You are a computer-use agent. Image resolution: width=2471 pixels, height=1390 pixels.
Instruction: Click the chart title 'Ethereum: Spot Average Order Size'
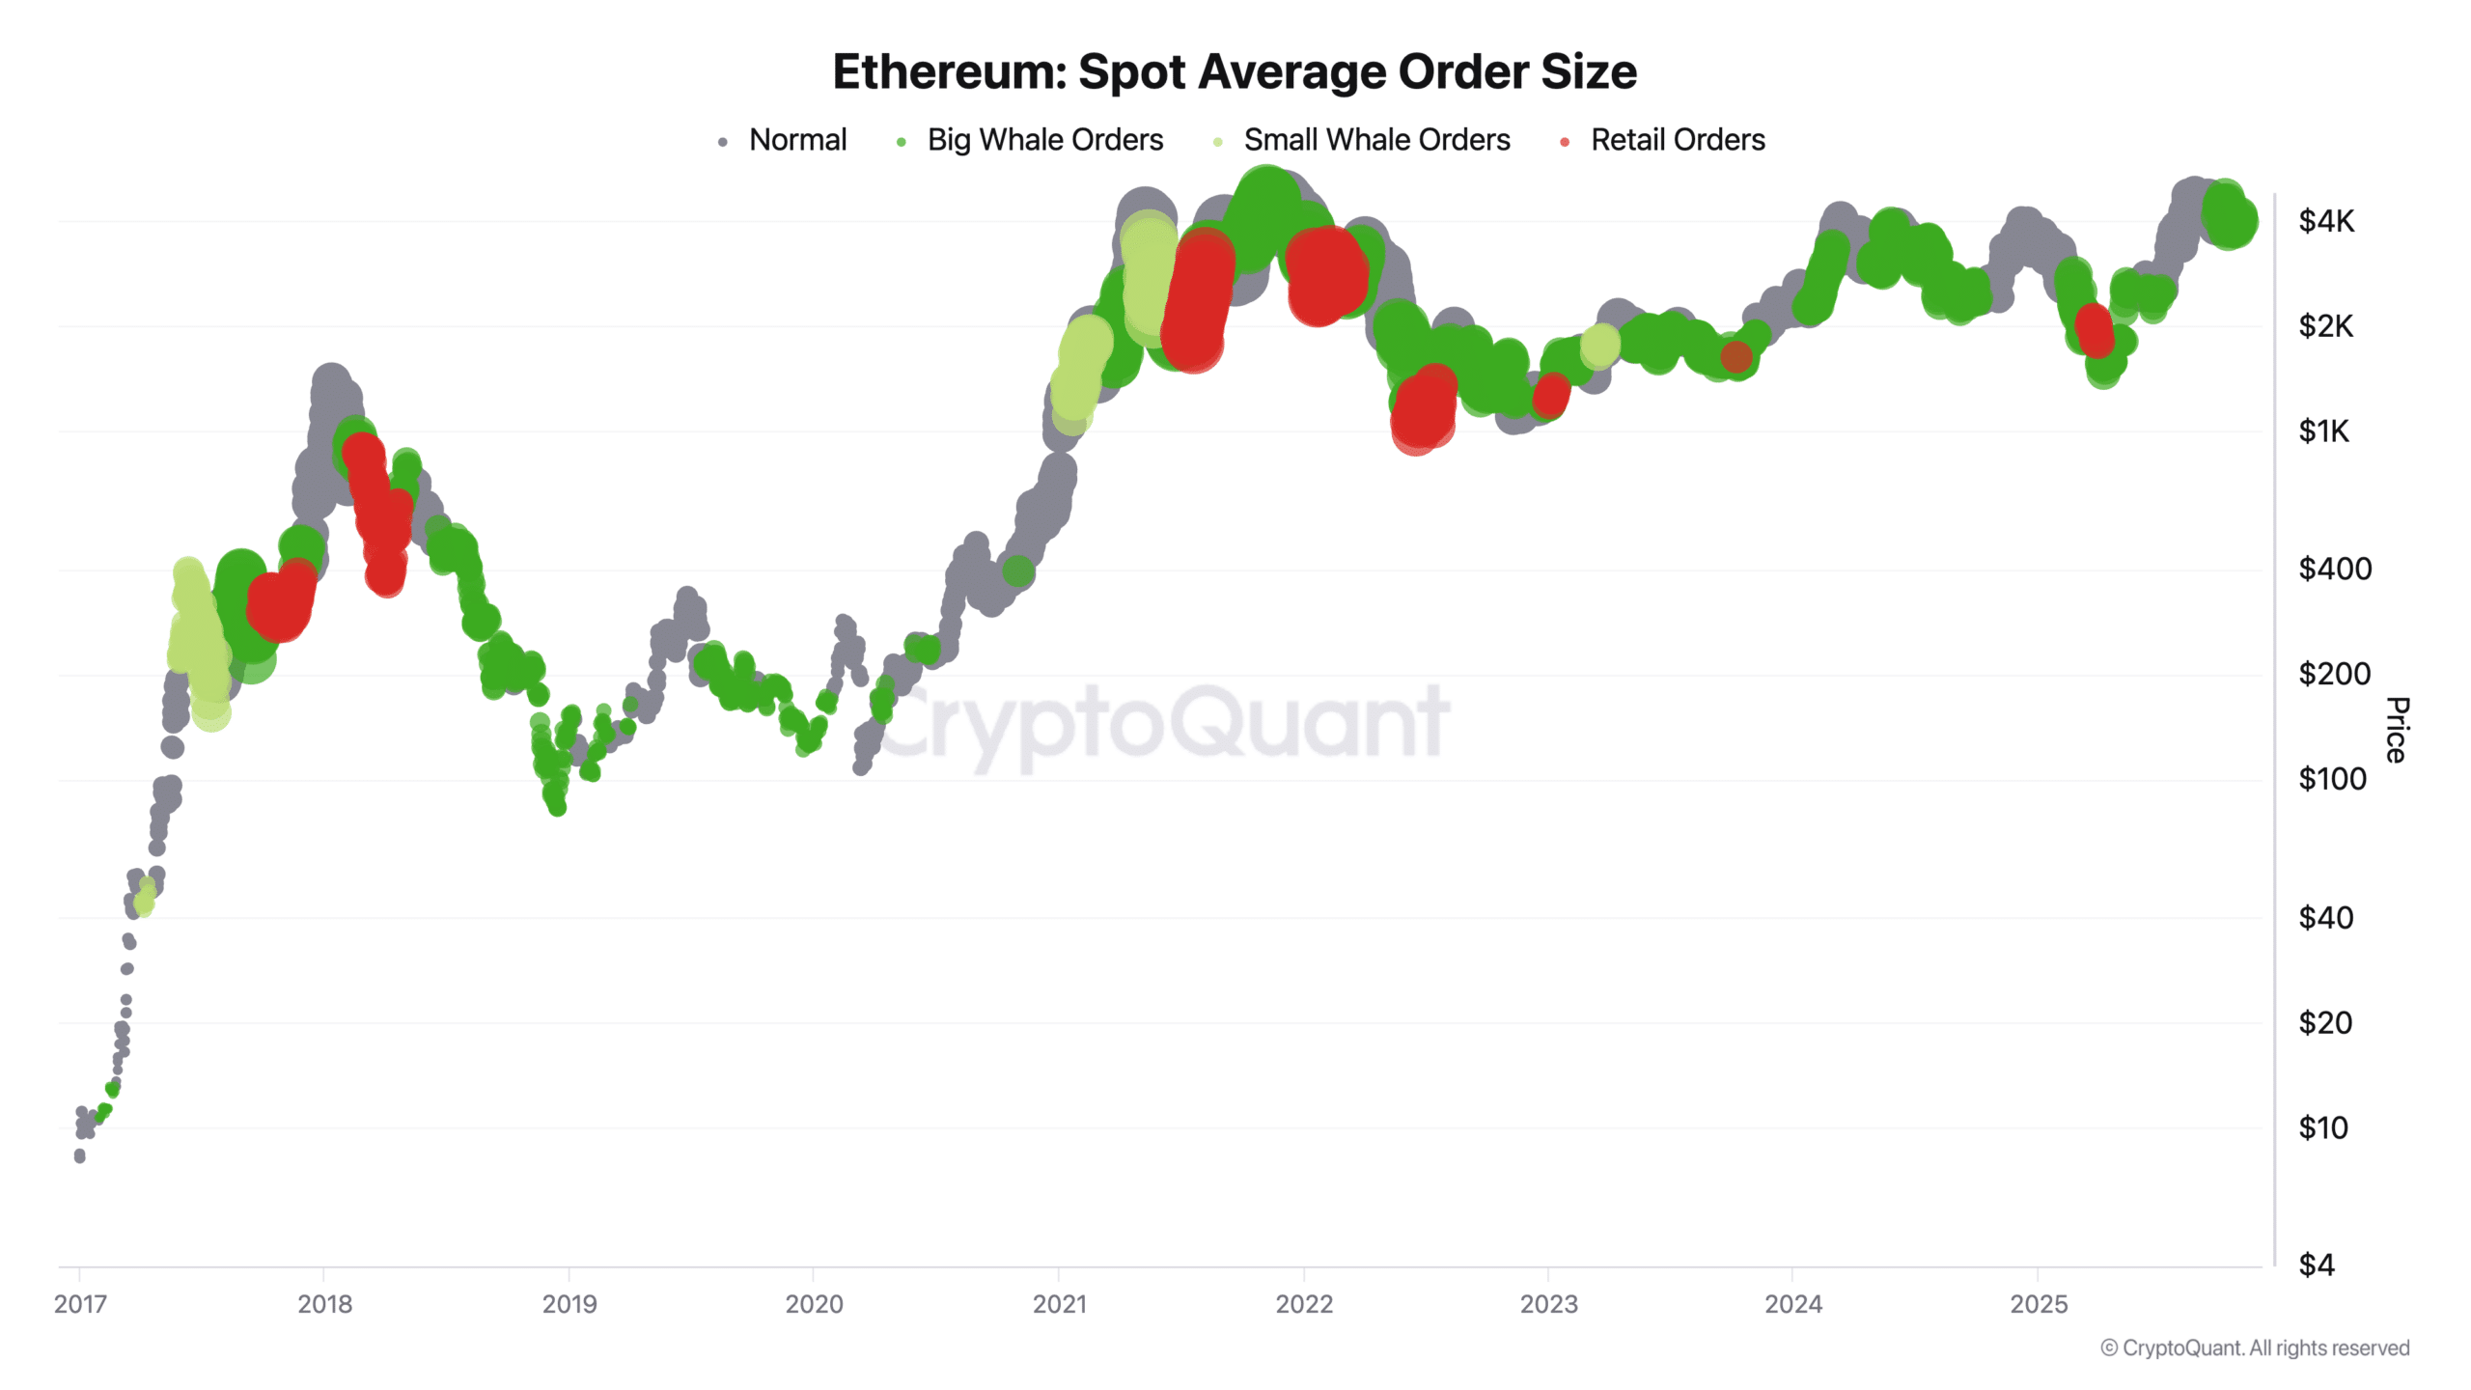[1235, 71]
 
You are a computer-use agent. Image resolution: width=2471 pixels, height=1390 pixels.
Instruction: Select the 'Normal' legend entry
[797, 140]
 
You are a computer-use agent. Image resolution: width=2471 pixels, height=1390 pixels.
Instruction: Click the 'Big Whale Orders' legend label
[1044, 140]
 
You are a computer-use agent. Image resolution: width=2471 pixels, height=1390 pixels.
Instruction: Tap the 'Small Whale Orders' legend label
[1375, 140]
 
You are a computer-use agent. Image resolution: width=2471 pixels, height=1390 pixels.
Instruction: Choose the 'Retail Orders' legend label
[1677, 140]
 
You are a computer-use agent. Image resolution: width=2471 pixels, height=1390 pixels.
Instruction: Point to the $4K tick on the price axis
[2325, 221]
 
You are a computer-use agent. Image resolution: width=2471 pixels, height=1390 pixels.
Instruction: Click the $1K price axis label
[2323, 431]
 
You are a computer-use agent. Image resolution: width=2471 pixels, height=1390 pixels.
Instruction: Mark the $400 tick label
[2334, 569]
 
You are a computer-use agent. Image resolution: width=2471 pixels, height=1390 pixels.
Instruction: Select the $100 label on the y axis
[2332, 778]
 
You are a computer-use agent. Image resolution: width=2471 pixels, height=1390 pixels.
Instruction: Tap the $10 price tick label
[2322, 1126]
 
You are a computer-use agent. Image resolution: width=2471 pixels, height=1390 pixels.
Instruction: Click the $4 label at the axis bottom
[2316, 1265]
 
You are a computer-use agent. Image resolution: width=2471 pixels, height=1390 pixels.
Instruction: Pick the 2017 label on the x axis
[80, 1304]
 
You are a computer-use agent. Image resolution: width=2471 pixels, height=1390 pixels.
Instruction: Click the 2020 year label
[814, 1304]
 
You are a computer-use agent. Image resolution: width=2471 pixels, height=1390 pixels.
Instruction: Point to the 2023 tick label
[1548, 1304]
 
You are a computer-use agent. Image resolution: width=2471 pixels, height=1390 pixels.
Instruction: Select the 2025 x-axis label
[2038, 1304]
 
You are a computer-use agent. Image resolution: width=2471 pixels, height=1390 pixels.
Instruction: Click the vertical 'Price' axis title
[2396, 730]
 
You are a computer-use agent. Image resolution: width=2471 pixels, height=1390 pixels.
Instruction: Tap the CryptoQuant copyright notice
[2254, 1348]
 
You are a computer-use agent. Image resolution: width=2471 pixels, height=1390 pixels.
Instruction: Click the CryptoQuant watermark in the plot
[1163, 724]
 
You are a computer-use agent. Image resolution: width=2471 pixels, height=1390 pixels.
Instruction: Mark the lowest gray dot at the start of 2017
[79, 1155]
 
